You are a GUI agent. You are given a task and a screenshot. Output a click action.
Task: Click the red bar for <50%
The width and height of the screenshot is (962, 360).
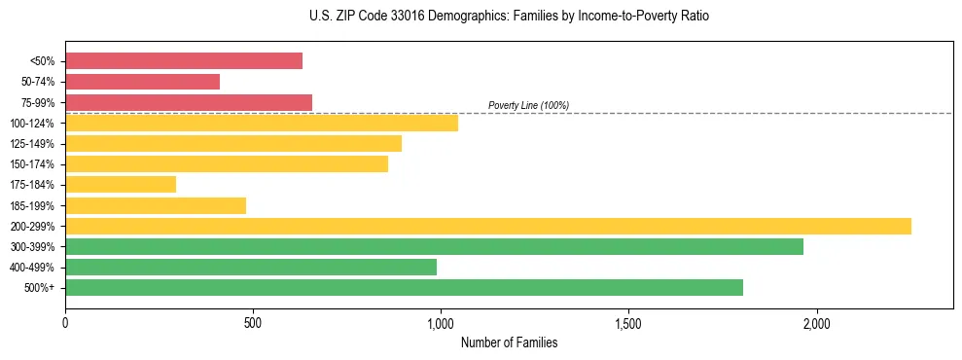184,61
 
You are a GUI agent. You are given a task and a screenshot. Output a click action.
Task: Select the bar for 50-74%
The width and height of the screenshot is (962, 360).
142,82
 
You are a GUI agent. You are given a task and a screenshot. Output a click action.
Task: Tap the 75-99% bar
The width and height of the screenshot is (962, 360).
189,102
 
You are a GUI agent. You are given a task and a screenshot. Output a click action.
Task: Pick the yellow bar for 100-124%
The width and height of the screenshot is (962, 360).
262,123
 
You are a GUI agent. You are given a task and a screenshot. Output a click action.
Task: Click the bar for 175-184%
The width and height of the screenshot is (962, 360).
121,185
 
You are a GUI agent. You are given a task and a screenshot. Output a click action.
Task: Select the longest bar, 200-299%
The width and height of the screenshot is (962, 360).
488,226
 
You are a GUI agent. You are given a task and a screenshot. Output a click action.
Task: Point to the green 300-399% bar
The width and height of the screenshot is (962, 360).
434,246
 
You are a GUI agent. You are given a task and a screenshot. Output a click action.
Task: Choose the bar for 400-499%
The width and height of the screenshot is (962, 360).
251,267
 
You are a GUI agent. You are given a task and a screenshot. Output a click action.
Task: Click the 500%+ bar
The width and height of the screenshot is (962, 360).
404,287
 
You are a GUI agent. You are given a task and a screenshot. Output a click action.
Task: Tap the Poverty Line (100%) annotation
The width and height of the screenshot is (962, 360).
528,105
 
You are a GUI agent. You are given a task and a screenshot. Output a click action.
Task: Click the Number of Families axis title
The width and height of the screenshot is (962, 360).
509,342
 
